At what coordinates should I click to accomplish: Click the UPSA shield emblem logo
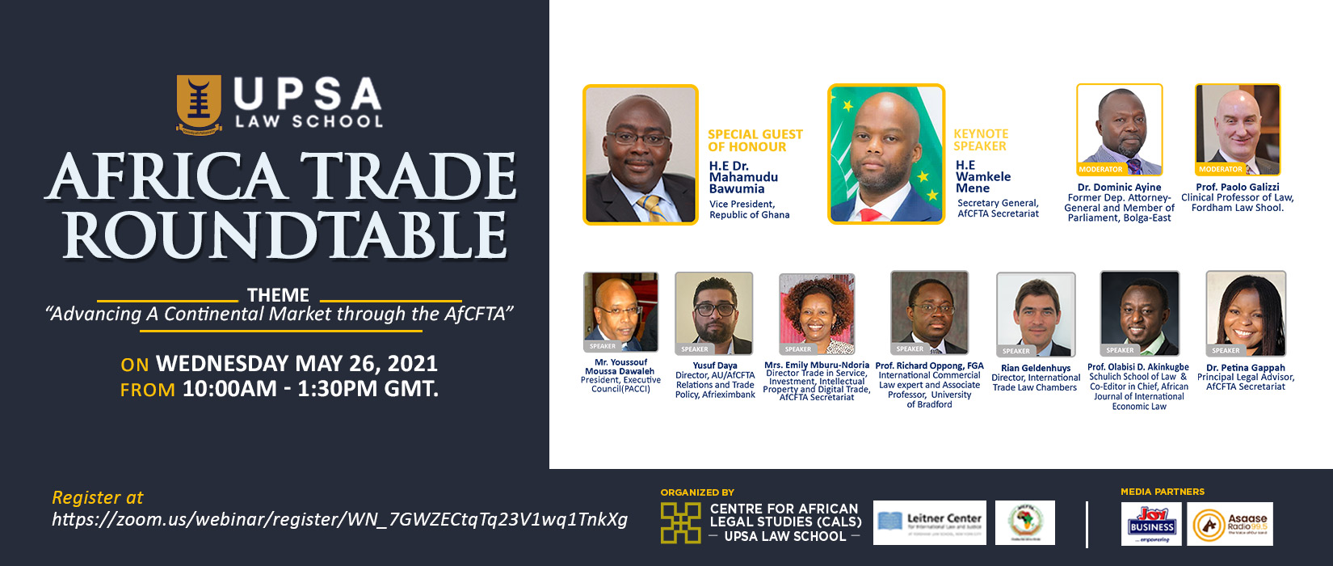199,103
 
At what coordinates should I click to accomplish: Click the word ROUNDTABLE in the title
285,236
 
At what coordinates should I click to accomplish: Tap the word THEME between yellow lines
278,295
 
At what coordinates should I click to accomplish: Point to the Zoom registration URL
339,520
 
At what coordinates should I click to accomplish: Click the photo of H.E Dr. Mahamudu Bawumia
640,154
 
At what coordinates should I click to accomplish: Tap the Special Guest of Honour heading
755,141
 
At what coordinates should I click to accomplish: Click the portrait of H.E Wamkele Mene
886,154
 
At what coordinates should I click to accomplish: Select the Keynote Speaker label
980,140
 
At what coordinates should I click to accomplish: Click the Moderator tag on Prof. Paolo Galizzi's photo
1220,170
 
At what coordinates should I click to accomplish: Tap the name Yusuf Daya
715,365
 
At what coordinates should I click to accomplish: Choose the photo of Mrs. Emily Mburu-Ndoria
816,315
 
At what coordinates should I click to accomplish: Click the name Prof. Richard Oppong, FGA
929,365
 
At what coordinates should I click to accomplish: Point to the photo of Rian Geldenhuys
1036,315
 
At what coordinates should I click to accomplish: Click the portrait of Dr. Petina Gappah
1245,314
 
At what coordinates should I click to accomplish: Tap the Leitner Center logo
929,522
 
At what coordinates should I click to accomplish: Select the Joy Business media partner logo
1151,523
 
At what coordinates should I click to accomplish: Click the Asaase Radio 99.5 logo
1230,524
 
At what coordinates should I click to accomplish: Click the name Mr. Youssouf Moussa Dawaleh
620,367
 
